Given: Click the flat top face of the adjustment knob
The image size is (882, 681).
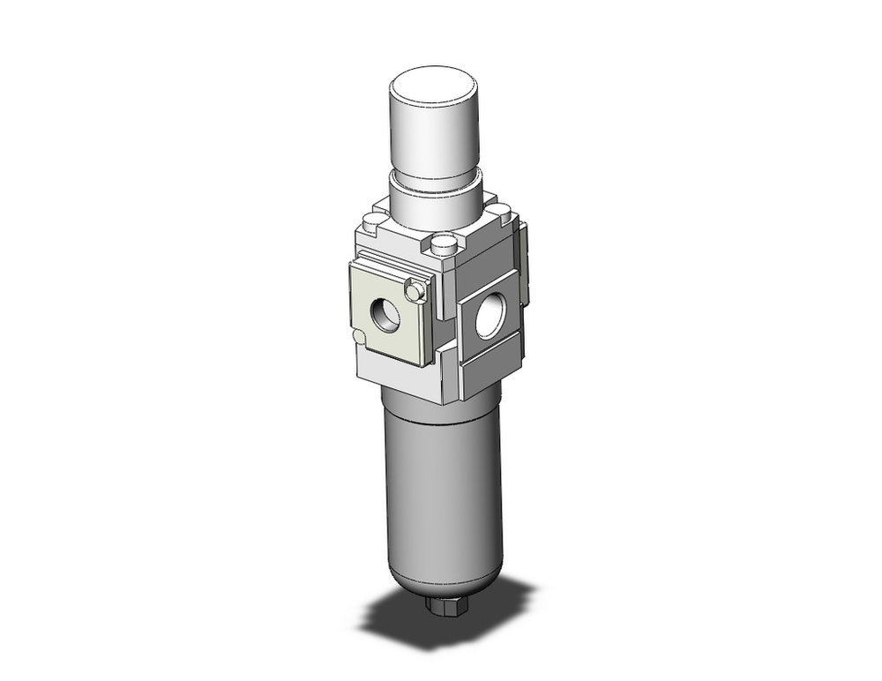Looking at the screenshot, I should click(434, 87).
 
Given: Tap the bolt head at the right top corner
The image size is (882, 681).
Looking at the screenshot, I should click(499, 212).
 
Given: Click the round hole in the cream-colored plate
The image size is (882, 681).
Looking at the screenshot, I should click(385, 314).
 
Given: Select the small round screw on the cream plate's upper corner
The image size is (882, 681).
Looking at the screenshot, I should click(414, 289).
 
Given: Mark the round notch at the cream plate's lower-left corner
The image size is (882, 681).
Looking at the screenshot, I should click(356, 336).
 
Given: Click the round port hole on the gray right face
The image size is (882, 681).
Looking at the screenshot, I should click(487, 319).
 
